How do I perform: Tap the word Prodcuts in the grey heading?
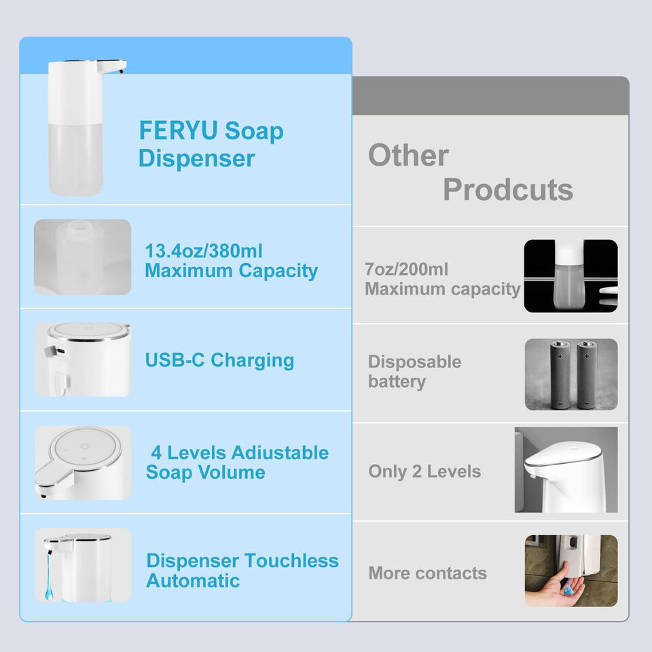(x=508, y=189)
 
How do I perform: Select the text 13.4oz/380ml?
(x=204, y=251)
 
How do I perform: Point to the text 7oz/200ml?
(x=406, y=270)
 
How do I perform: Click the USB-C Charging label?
(x=219, y=360)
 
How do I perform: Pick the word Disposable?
(x=414, y=362)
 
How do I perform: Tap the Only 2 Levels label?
(x=424, y=471)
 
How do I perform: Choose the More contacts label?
(x=427, y=573)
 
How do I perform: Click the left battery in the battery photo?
(x=560, y=374)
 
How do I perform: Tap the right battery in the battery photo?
(x=586, y=374)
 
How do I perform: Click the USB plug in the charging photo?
(x=54, y=351)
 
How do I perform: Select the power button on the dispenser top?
(x=86, y=446)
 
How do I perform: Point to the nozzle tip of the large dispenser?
(x=122, y=71)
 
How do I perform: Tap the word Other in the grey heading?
(x=408, y=155)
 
